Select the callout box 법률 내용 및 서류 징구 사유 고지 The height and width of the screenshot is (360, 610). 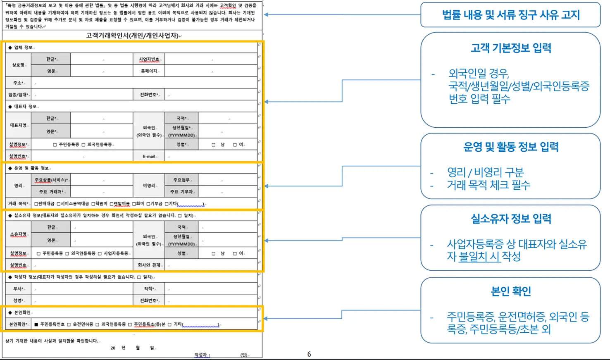[x=510, y=15]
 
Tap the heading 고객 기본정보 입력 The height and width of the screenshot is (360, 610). [x=510, y=48]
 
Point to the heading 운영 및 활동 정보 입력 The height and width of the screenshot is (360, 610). [x=510, y=147]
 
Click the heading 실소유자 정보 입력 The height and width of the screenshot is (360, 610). [x=510, y=219]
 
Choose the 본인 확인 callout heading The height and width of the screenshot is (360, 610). [x=510, y=291]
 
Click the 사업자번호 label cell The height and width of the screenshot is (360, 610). [x=149, y=60]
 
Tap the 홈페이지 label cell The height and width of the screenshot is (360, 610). [x=149, y=71]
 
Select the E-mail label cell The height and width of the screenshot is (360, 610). [x=149, y=156]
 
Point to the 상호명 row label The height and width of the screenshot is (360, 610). [x=18, y=65]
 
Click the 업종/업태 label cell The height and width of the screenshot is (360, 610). [x=18, y=95]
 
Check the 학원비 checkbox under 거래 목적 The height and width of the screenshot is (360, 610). [x=93, y=204]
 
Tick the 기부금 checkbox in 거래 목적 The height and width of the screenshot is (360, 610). [x=148, y=204]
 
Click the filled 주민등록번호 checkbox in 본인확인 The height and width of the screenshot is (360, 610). [x=36, y=324]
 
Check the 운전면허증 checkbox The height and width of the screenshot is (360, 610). [x=69, y=324]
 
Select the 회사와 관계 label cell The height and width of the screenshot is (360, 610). [x=149, y=265]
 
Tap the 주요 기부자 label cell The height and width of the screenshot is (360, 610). [x=181, y=192]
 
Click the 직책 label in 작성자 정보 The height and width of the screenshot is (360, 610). [x=149, y=288]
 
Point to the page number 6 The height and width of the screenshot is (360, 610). [x=309, y=354]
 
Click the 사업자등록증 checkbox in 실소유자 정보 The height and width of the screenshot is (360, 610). [x=100, y=253]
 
